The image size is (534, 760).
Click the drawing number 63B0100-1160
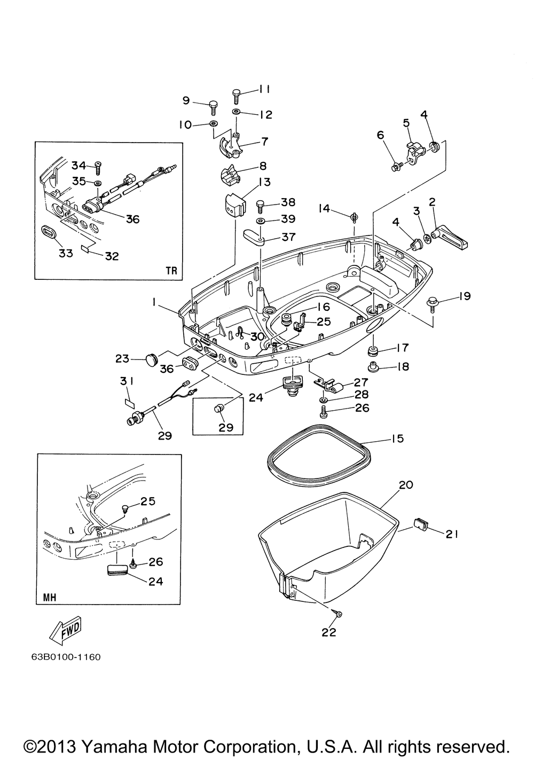pos(66,657)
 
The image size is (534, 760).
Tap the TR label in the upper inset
pos(171,270)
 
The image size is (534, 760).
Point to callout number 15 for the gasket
pos(398,438)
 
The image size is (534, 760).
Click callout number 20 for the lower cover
pos(406,485)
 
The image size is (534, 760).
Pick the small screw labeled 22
pos(338,614)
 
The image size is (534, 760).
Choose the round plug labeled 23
pos(152,358)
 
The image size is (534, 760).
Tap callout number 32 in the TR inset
pos(112,256)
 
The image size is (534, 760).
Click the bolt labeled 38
pos(260,206)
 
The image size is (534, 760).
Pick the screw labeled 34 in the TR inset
pos(99,168)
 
